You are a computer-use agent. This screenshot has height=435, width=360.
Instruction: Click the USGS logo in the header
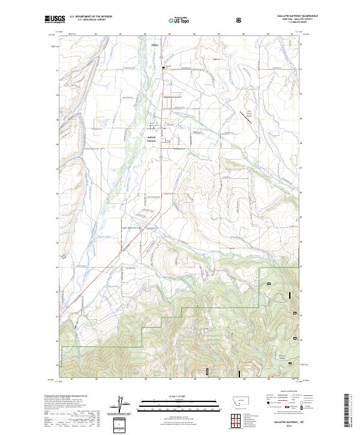[x=55, y=19]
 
